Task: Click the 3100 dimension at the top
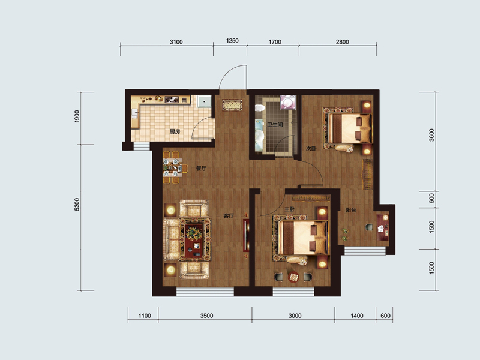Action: (x=176, y=41)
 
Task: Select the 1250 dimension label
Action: (x=232, y=41)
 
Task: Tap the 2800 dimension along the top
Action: (x=342, y=41)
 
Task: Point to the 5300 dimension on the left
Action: (x=77, y=204)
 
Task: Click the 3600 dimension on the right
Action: (x=431, y=135)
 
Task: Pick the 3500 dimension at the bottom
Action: (x=206, y=316)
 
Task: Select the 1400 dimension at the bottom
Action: (x=357, y=316)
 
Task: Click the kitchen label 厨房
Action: (x=175, y=131)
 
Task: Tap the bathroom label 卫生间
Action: (x=275, y=125)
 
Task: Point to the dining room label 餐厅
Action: (x=201, y=168)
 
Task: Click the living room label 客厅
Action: (x=229, y=216)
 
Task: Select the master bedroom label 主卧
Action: (x=289, y=209)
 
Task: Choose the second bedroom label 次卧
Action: (x=311, y=148)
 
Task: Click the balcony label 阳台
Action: (x=351, y=210)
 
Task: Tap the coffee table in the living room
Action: (x=194, y=239)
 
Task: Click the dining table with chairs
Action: (x=173, y=167)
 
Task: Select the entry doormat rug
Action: (x=232, y=105)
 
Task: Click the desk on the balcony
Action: (x=383, y=227)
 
